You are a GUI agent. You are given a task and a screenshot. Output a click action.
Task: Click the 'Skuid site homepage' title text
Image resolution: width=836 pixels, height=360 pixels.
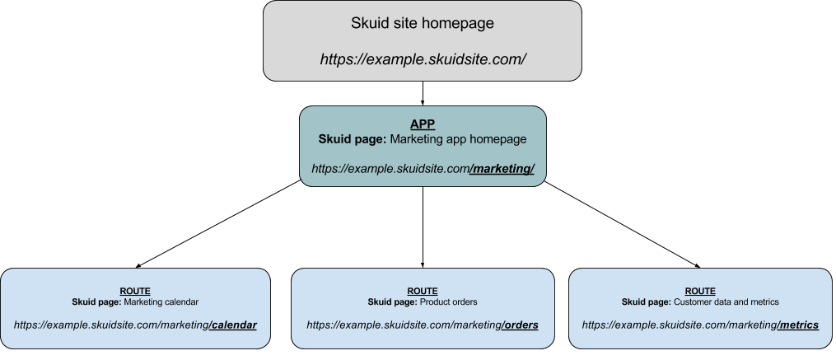pyautogui.click(x=423, y=23)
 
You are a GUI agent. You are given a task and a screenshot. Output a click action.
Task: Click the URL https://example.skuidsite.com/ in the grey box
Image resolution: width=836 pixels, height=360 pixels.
pyautogui.click(x=423, y=59)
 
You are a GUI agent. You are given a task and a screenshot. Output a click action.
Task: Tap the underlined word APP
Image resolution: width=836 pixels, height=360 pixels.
pyautogui.click(x=423, y=124)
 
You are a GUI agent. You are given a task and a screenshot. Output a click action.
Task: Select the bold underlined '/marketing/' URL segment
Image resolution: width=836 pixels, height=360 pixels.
pyautogui.click(x=502, y=169)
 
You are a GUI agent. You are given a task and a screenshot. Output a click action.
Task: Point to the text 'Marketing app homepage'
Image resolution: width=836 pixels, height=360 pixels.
pyautogui.click(x=458, y=139)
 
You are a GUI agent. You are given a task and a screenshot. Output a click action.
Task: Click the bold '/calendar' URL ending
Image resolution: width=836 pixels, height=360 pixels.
pyautogui.click(x=233, y=325)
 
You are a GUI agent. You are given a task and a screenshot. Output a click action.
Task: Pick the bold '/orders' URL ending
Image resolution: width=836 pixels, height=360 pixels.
pyautogui.click(x=520, y=325)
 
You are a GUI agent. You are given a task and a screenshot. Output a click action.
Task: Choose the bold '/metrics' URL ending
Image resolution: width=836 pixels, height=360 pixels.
pyautogui.click(x=797, y=325)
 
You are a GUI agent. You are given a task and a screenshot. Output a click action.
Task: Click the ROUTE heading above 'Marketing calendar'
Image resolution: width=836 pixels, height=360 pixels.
pyautogui.click(x=135, y=291)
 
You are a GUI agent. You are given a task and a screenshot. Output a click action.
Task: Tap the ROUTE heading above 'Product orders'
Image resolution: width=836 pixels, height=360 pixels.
pyautogui.click(x=423, y=291)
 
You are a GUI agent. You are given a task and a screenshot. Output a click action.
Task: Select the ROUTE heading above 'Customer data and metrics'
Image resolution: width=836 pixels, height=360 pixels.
pyautogui.click(x=700, y=291)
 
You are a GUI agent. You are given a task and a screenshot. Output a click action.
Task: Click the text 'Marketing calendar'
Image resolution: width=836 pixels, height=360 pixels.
pyautogui.click(x=161, y=302)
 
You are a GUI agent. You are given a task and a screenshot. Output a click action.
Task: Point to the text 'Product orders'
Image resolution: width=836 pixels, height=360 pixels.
pyautogui.click(x=448, y=302)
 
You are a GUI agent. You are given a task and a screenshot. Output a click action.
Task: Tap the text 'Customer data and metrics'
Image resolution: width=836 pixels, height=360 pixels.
pyautogui.click(x=726, y=302)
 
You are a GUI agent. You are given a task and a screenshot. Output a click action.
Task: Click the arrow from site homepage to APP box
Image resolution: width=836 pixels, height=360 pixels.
pyautogui.click(x=423, y=93)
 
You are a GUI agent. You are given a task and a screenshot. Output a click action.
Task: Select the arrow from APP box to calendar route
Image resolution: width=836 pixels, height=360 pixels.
pyautogui.click(x=218, y=224)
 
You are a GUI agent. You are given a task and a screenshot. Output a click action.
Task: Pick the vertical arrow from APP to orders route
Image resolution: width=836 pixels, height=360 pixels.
pyautogui.click(x=423, y=227)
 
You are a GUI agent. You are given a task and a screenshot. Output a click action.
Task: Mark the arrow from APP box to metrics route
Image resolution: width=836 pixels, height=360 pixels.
pyautogui.click(x=622, y=225)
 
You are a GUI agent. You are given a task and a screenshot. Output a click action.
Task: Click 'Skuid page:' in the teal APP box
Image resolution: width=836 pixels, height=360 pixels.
pyautogui.click(x=353, y=139)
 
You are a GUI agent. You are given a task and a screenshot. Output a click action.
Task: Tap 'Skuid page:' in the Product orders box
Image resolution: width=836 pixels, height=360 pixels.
pyautogui.click(x=392, y=302)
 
